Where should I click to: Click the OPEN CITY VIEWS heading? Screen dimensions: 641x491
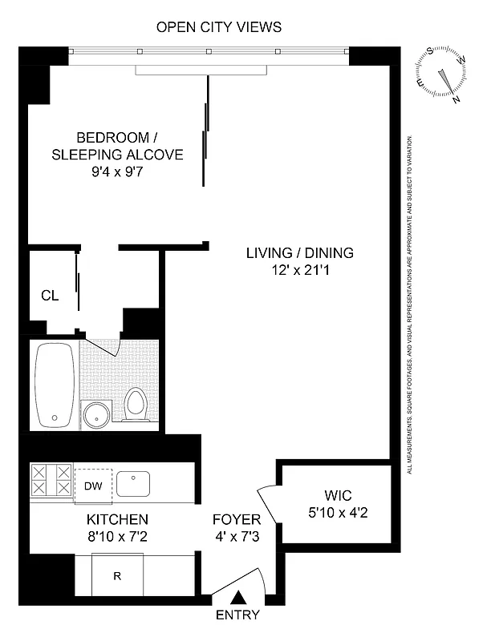click(x=218, y=27)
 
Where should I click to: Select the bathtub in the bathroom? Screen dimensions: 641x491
click(x=55, y=385)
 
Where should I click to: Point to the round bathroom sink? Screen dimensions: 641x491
click(x=99, y=415)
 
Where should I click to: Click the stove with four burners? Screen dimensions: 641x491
click(x=51, y=482)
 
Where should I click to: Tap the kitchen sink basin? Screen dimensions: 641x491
click(x=133, y=484)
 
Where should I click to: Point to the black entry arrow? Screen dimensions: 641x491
click(x=239, y=597)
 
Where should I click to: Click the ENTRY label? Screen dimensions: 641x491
click(x=238, y=615)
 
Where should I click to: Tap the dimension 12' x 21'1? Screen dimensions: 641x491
click(x=299, y=270)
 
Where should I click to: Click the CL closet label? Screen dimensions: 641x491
click(x=50, y=295)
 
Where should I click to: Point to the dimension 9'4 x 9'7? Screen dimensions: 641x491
click(x=118, y=171)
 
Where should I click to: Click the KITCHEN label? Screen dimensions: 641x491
click(x=117, y=519)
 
